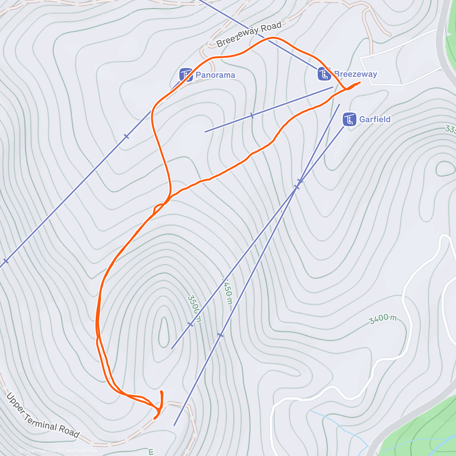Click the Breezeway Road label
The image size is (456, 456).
pyautogui.click(x=249, y=34)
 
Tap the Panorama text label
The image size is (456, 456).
pyautogui.click(x=215, y=75)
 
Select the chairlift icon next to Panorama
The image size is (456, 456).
pyautogui.click(x=186, y=75)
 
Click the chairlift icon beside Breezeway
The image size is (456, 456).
pyautogui.click(x=324, y=74)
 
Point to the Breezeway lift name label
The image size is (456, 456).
pyautogui.click(x=356, y=74)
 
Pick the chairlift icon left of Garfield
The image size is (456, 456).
pyautogui.click(x=349, y=119)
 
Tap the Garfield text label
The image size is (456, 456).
pyautogui.click(x=375, y=119)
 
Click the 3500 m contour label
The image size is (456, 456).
pyautogui.click(x=193, y=308)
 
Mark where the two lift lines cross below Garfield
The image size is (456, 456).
pyautogui.click(x=298, y=184)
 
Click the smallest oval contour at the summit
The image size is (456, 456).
pyautogui.click(x=164, y=332)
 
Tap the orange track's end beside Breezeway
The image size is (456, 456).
pyautogui.click(x=359, y=82)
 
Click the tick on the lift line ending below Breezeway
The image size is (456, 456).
pyautogui.click(x=252, y=116)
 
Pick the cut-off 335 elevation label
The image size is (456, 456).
pyautogui.click(x=451, y=129)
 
